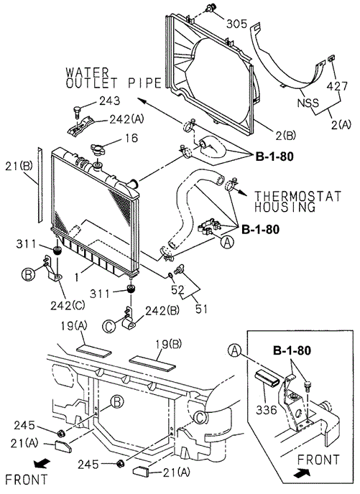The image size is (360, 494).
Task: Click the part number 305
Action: (236, 24)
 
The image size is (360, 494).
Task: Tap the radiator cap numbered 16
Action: (97, 148)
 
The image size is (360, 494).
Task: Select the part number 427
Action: (337, 86)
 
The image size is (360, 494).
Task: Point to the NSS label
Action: (308, 103)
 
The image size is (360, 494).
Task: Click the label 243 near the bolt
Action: (110, 101)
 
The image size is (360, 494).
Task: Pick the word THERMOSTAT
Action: (298, 196)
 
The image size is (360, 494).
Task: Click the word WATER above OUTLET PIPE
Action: (88, 73)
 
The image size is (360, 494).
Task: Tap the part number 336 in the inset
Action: (267, 410)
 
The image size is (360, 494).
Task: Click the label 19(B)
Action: (169, 344)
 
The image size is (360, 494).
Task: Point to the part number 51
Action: (201, 309)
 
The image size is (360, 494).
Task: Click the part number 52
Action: (177, 289)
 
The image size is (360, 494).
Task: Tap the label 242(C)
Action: (68, 305)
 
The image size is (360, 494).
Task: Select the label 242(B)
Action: (162, 311)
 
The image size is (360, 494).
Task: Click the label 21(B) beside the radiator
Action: (19, 166)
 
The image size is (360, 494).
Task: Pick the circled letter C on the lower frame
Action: (200, 418)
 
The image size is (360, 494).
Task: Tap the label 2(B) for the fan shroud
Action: (286, 136)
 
